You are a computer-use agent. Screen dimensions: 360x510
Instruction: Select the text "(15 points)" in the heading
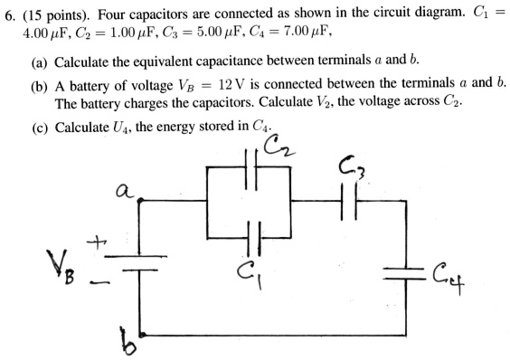coord(54,15)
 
